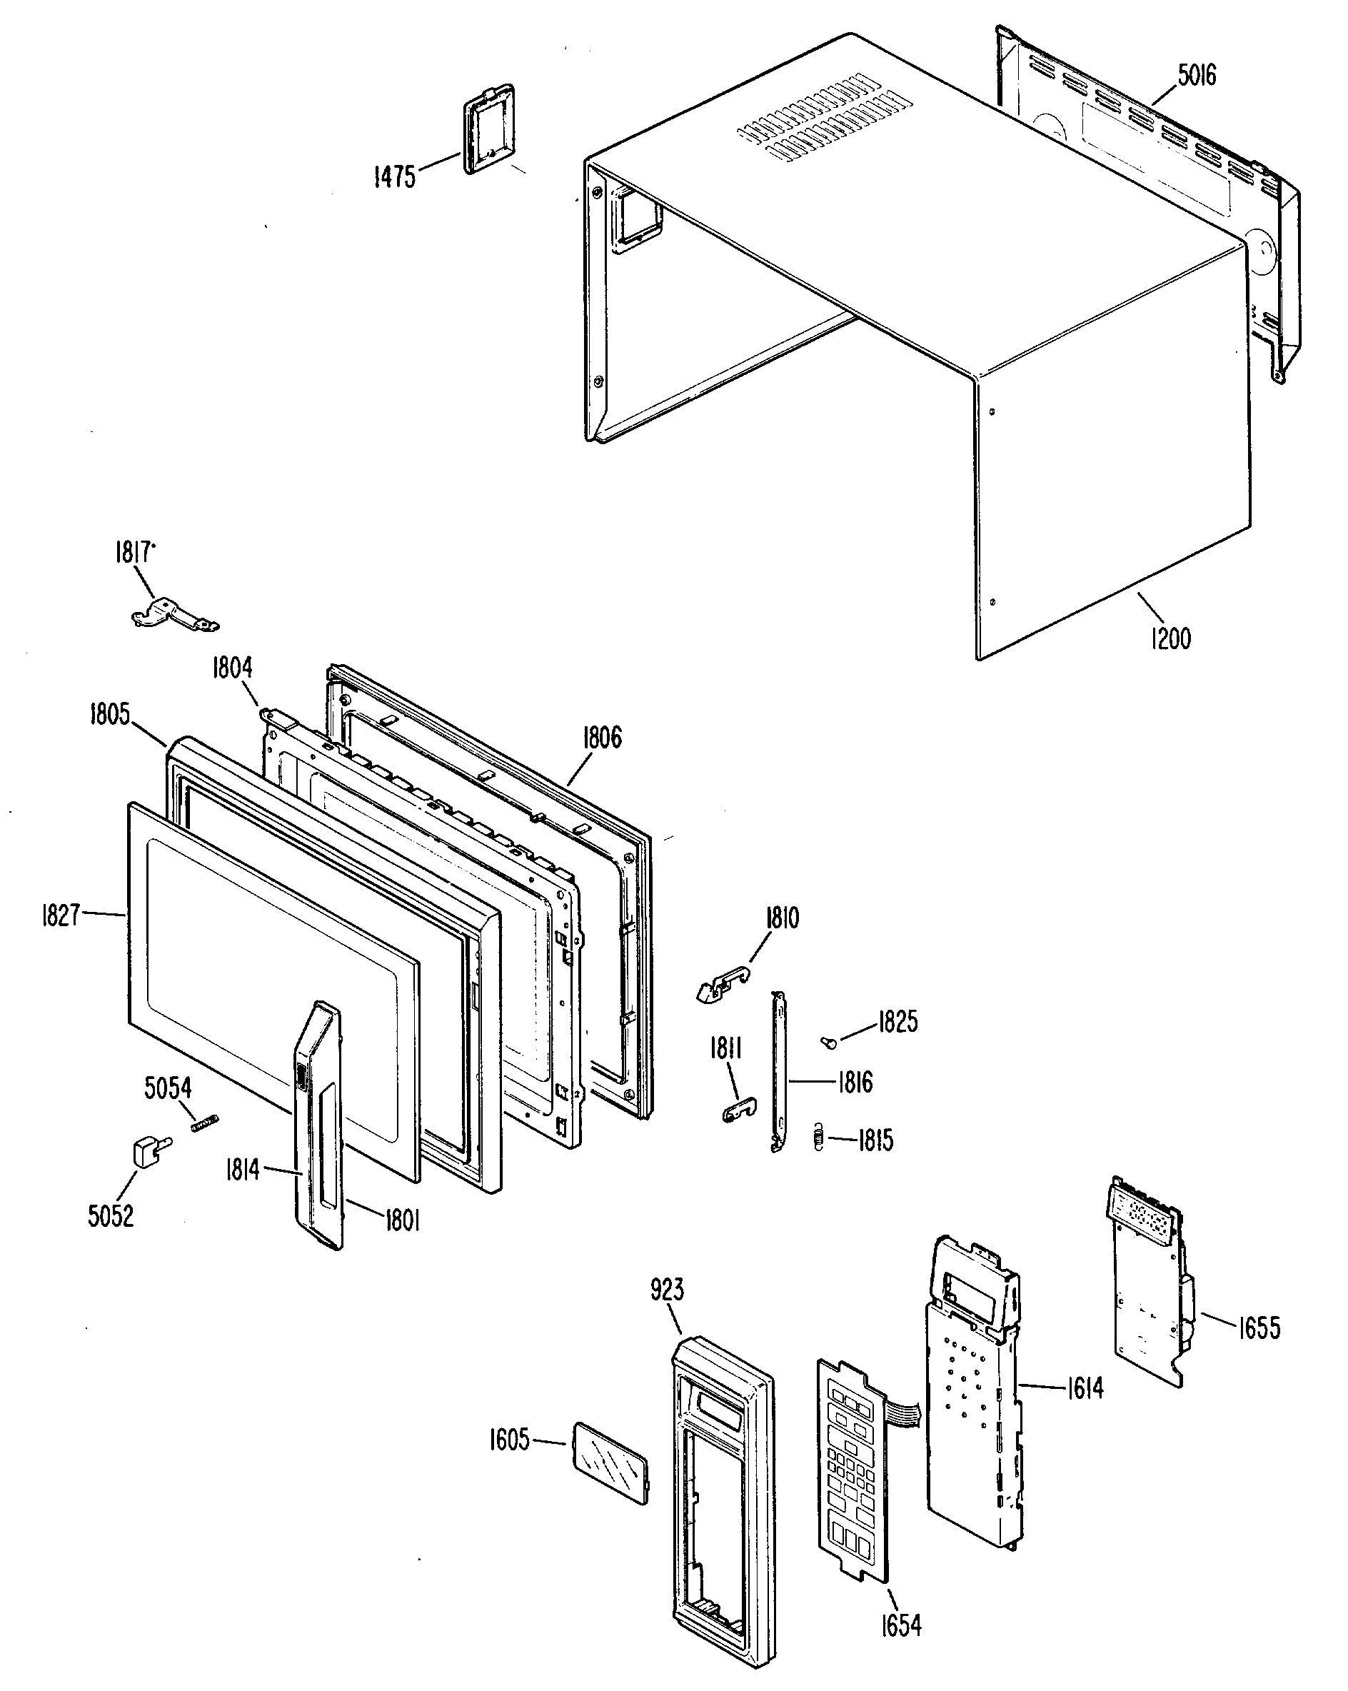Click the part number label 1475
click(x=394, y=176)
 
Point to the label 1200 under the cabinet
click(x=1170, y=638)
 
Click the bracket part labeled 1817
click(x=174, y=613)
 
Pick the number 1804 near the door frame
click(x=232, y=668)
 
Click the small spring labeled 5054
click(x=204, y=1123)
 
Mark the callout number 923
click(x=667, y=1290)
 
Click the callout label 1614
click(x=1085, y=1388)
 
